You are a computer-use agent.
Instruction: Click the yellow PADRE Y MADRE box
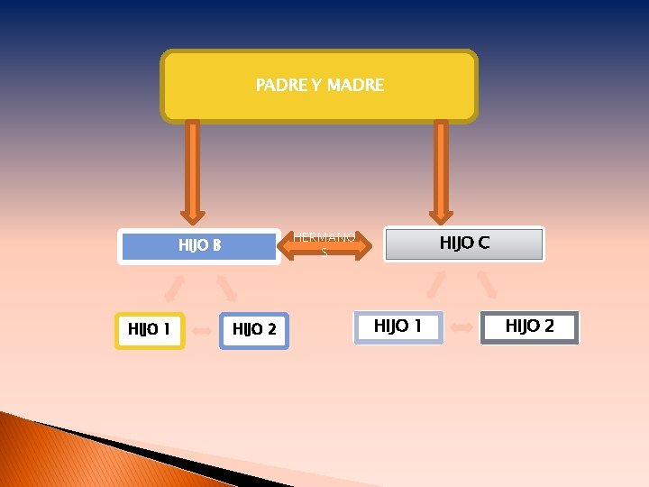tap(319, 86)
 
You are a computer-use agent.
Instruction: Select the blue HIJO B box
tap(198, 245)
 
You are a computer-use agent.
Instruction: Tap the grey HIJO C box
tap(464, 243)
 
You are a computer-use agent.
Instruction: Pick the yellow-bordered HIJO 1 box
tap(151, 330)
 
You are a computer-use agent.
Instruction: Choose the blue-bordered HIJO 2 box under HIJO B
tap(254, 330)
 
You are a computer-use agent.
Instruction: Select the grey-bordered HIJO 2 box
tap(529, 326)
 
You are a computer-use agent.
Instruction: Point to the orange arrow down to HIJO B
tap(192, 171)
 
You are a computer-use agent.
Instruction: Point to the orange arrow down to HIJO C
tap(441, 171)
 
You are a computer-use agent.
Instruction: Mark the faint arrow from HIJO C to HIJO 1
tap(436, 284)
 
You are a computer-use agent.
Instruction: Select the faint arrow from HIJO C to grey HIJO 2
tap(487, 284)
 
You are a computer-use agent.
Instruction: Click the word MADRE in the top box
tap(355, 86)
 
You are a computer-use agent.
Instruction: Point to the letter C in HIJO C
tap(484, 243)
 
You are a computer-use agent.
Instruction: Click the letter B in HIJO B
tap(216, 245)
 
